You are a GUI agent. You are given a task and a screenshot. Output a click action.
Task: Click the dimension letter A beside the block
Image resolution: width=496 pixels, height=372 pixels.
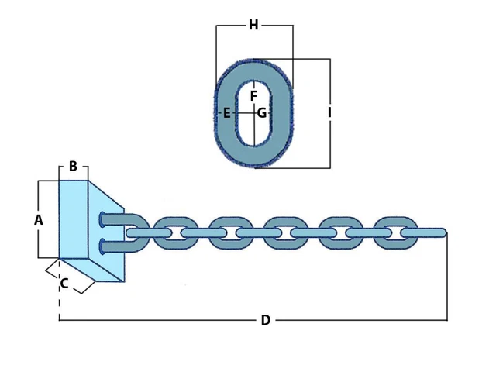(x=39, y=220)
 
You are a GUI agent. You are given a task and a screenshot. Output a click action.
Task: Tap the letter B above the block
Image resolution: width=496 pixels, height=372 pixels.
(x=73, y=166)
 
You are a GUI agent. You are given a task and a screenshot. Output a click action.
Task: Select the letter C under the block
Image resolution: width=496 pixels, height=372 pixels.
(x=64, y=284)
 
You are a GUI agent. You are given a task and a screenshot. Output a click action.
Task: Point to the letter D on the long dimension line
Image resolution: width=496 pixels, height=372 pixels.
(x=265, y=320)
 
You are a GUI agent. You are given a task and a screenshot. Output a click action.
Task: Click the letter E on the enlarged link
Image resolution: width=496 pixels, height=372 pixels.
(x=226, y=113)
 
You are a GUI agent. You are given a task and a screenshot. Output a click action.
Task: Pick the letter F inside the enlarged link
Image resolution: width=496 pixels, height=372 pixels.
(x=253, y=96)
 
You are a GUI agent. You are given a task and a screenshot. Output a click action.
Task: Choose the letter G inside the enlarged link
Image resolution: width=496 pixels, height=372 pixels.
(x=262, y=113)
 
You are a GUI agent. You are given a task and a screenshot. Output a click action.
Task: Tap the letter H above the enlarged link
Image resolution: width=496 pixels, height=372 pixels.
(x=253, y=26)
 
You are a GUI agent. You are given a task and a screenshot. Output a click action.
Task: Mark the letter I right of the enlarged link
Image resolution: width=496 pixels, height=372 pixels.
(x=329, y=113)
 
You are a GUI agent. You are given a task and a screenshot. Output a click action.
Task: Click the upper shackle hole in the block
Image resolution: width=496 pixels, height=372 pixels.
(x=102, y=219)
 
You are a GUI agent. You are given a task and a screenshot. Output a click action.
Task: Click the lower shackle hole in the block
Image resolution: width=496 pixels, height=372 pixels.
(x=102, y=247)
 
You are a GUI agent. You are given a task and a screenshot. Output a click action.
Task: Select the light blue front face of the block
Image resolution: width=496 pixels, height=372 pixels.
(x=74, y=219)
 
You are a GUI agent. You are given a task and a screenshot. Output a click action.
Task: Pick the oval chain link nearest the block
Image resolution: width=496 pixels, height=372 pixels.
(x=170, y=233)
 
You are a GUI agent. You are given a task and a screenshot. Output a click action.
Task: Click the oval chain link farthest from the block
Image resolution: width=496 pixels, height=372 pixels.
(x=391, y=233)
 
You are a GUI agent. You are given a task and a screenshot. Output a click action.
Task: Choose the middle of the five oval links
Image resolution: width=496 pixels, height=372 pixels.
(x=281, y=233)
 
